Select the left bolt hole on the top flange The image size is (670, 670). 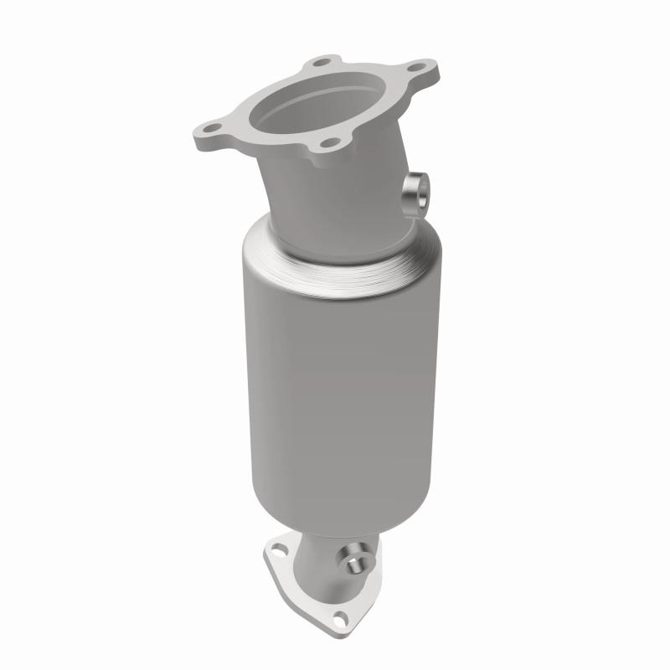click(209, 131)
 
